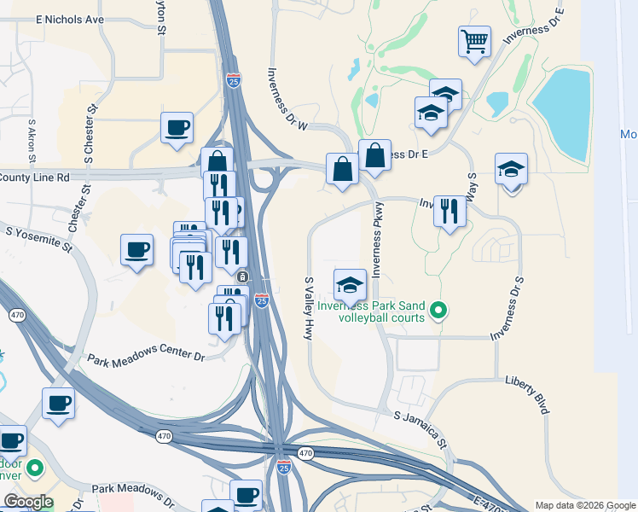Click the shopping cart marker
click(474, 40)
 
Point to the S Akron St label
click(32, 141)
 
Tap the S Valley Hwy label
click(309, 309)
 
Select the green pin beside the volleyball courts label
click(438, 310)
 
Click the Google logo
click(28, 502)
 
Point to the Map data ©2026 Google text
click(584, 504)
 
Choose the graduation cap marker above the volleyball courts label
click(350, 285)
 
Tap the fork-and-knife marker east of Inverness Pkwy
click(449, 210)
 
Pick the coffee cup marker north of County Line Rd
click(177, 128)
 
